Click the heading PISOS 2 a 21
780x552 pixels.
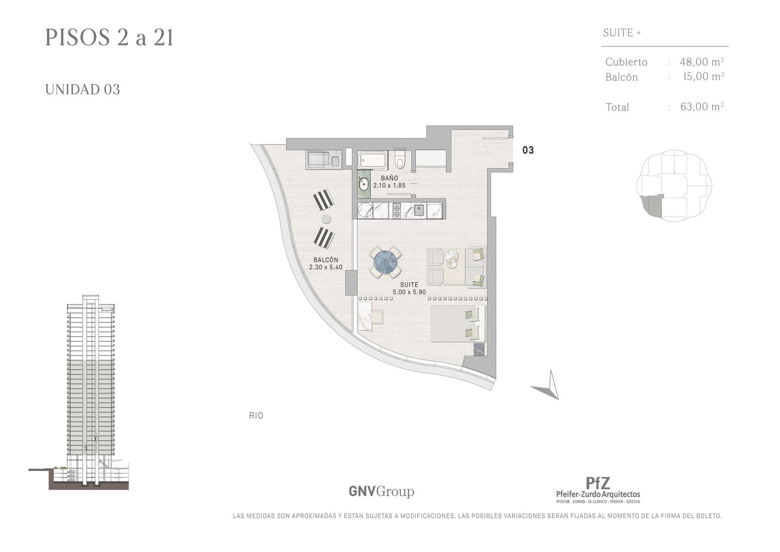pos(109,38)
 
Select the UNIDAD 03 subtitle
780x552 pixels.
pos(82,90)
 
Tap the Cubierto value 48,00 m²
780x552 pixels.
pos(702,61)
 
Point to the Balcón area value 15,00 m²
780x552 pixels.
pos(704,76)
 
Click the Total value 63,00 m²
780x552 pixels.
pos(702,106)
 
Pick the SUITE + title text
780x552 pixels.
pos(622,33)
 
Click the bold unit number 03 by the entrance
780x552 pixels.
pos(528,150)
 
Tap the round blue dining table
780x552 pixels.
pos(385,262)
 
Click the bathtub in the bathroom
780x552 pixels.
pos(372,160)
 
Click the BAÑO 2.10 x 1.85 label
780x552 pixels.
pos(390,182)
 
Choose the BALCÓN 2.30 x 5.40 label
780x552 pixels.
pos(326,263)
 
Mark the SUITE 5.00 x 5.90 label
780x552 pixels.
pos(409,288)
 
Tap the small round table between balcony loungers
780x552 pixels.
pos(326,219)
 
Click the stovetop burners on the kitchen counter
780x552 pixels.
pos(397,211)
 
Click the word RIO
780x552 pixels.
pos(256,416)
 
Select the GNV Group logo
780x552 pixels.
pos(381,491)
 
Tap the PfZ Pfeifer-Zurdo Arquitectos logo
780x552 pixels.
pos(598,490)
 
